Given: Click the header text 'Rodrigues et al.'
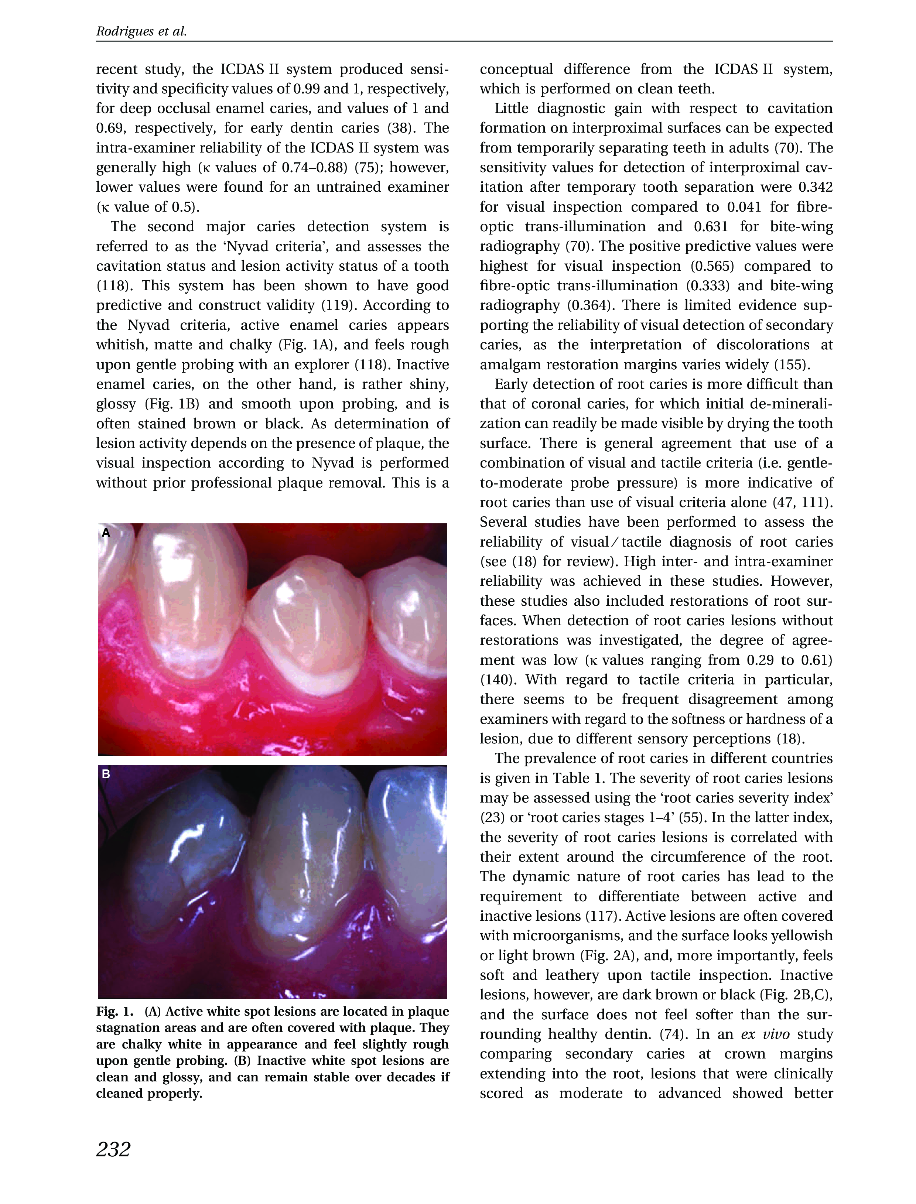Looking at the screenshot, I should (141, 32).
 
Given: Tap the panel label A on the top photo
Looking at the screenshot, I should (106, 533).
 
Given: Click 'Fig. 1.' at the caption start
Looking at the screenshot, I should (115, 1012).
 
